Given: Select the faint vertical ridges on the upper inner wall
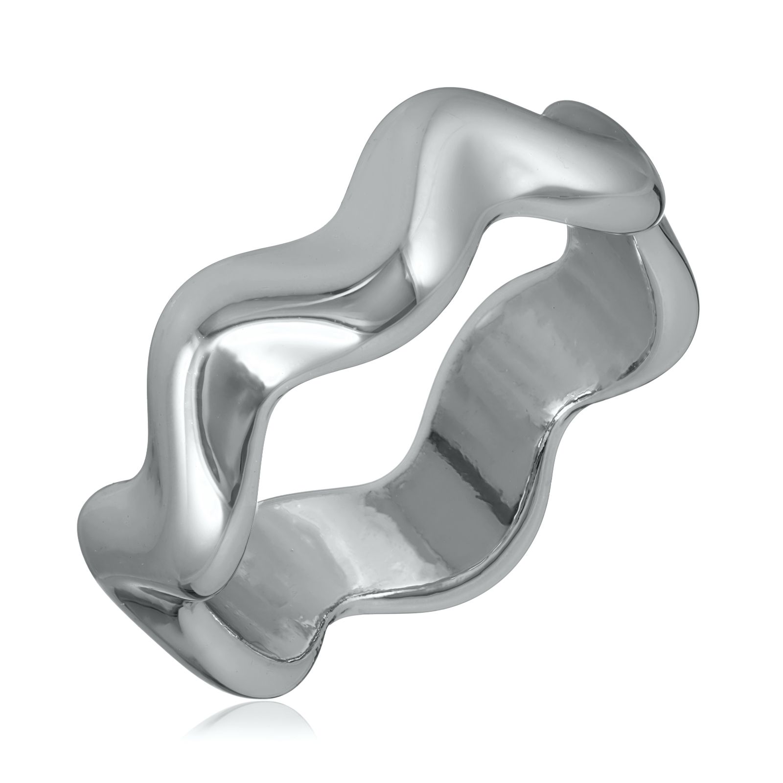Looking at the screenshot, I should pos(538,343).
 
